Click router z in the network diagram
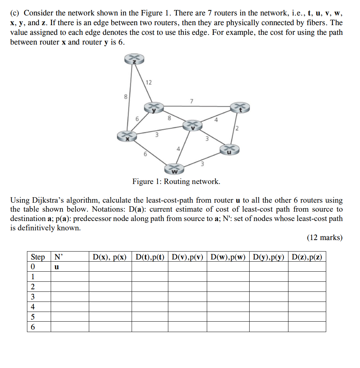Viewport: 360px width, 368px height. [134, 60]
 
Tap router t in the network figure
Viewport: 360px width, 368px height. [239, 107]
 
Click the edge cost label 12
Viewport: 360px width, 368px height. [149, 83]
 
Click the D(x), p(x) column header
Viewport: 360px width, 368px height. [110, 257]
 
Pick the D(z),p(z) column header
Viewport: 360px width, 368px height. [307, 257]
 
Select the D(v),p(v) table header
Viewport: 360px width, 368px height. [187, 257]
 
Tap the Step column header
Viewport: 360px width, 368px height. [38, 257]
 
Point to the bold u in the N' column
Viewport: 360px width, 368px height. [56, 267]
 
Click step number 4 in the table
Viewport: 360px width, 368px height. [33, 307]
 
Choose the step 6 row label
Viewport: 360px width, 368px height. [33, 327]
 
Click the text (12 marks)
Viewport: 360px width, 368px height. [324, 238]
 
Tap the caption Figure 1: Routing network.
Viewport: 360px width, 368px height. [176, 181]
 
